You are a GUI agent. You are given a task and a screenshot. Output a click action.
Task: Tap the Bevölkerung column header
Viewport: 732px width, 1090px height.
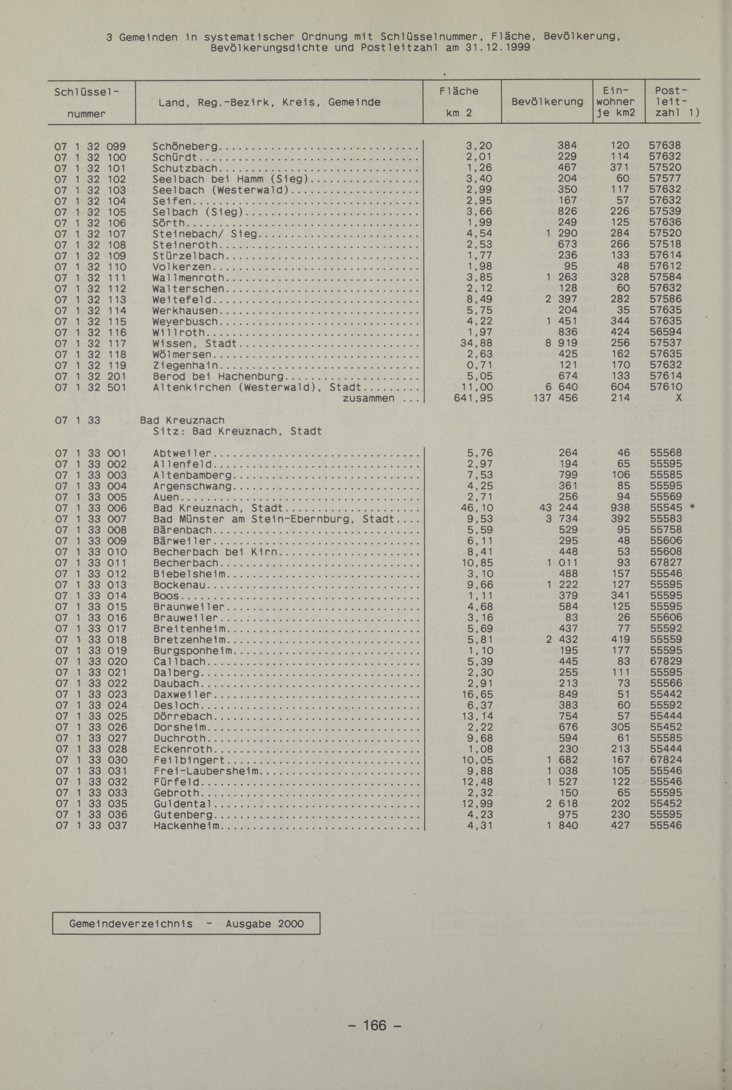coord(547,102)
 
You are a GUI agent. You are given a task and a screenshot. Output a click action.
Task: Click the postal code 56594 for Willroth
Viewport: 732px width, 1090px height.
coord(665,332)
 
